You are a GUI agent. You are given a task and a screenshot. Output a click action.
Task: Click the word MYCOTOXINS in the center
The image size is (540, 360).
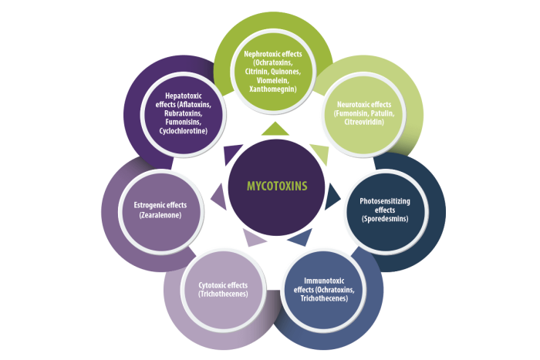[x=277, y=187]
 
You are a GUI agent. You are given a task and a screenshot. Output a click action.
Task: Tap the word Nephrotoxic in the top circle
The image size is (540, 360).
[x=261, y=54]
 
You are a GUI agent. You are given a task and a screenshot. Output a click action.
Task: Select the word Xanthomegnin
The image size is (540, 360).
[x=272, y=89]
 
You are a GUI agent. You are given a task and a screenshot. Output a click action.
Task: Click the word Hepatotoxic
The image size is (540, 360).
[x=184, y=96]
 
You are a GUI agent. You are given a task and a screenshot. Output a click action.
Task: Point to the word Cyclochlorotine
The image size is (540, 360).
[x=182, y=131]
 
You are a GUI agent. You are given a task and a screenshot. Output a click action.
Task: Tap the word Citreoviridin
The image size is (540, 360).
[x=363, y=122]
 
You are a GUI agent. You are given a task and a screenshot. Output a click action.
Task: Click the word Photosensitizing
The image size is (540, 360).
[x=385, y=201]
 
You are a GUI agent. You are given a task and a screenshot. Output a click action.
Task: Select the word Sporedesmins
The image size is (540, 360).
[x=384, y=219]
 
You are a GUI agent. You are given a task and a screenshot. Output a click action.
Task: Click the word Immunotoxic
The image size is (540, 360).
[x=324, y=281]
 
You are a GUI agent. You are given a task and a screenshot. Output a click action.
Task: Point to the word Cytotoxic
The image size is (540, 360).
[x=211, y=285]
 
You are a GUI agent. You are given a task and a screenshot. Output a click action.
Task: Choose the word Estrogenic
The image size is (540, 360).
[x=148, y=205]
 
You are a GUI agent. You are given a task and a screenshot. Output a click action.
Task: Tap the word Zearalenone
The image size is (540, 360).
[x=160, y=215]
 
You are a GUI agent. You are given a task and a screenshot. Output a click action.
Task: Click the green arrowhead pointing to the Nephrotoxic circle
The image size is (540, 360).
[x=275, y=129]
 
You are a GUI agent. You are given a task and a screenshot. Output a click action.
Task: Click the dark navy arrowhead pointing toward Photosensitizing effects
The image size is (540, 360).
[x=331, y=197]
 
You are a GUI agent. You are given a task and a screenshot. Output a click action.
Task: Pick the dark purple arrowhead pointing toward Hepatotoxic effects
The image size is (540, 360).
[x=231, y=153]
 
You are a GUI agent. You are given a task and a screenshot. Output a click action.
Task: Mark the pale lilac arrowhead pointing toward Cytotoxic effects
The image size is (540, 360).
[x=253, y=237]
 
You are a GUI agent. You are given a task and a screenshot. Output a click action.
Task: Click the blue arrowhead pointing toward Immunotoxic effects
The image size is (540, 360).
[x=301, y=237]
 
